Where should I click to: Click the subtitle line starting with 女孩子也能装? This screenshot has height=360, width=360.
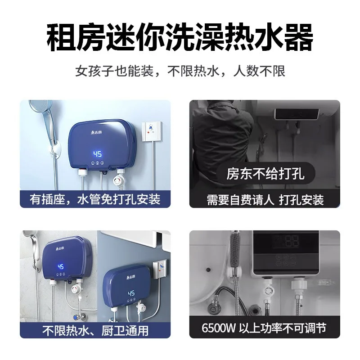click(x=180, y=71)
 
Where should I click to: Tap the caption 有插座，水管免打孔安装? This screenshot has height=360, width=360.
click(x=95, y=198)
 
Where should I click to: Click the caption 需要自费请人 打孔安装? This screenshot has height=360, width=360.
click(x=265, y=199)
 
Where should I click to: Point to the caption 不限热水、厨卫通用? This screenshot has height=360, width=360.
click(x=95, y=331)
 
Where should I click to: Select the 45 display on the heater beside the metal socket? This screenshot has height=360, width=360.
click(x=131, y=293)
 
